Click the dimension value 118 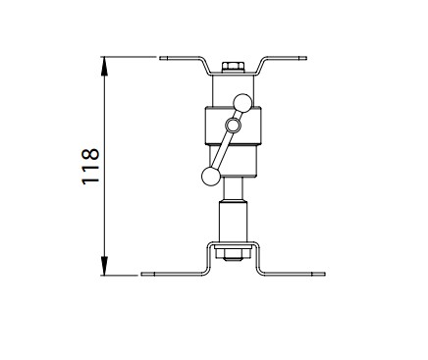pos(90,167)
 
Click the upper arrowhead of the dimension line pos(104,66)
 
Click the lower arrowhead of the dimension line pos(104,266)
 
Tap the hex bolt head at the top pos(233,67)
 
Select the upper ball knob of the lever pos(242,103)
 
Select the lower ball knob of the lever pos(211,177)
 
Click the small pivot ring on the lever pos(233,126)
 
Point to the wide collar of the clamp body pos(233,126)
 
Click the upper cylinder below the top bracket pos(233,90)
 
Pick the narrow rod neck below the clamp pos(233,189)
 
